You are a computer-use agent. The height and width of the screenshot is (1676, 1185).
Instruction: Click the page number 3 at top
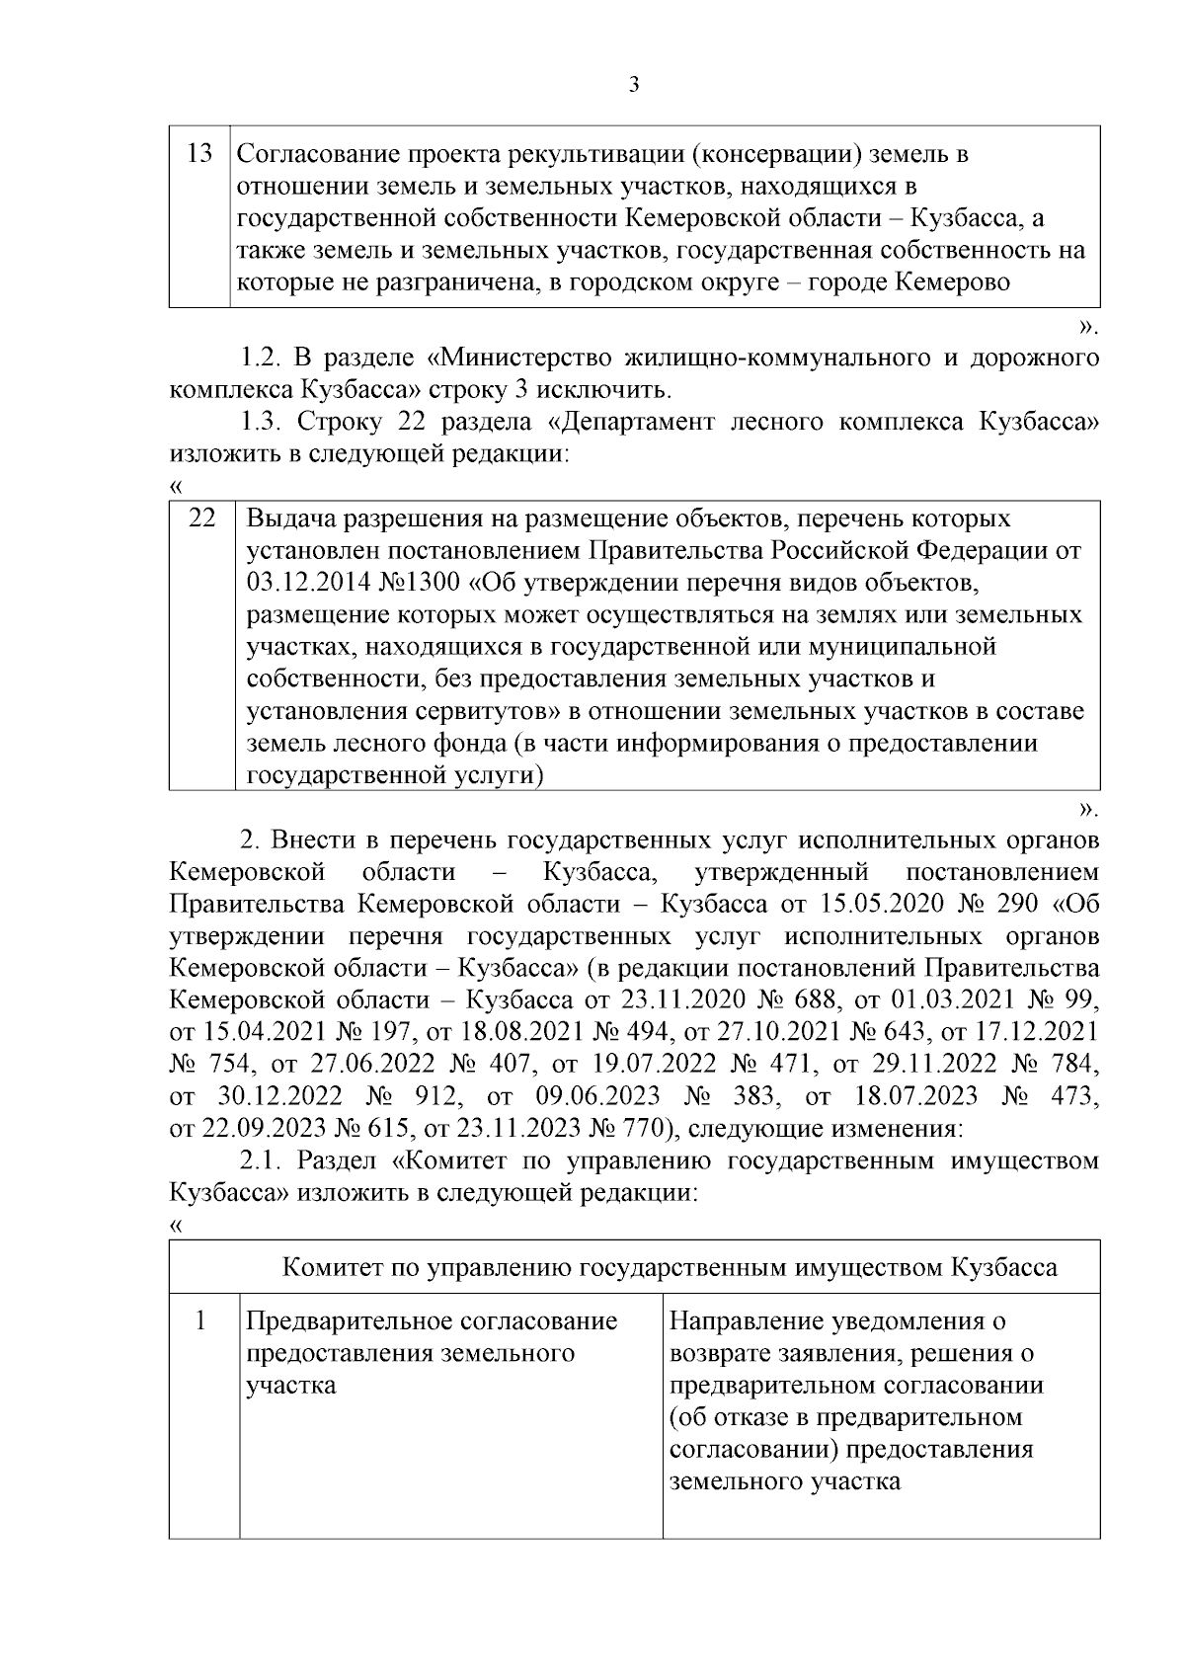coord(634,85)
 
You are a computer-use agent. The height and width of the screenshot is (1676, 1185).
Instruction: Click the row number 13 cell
coord(199,154)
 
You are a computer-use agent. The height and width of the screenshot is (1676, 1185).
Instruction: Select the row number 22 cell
coord(202,519)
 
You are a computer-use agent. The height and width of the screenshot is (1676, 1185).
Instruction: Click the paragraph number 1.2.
coord(262,357)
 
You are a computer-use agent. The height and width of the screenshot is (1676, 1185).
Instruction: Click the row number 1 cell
coord(202,1320)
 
